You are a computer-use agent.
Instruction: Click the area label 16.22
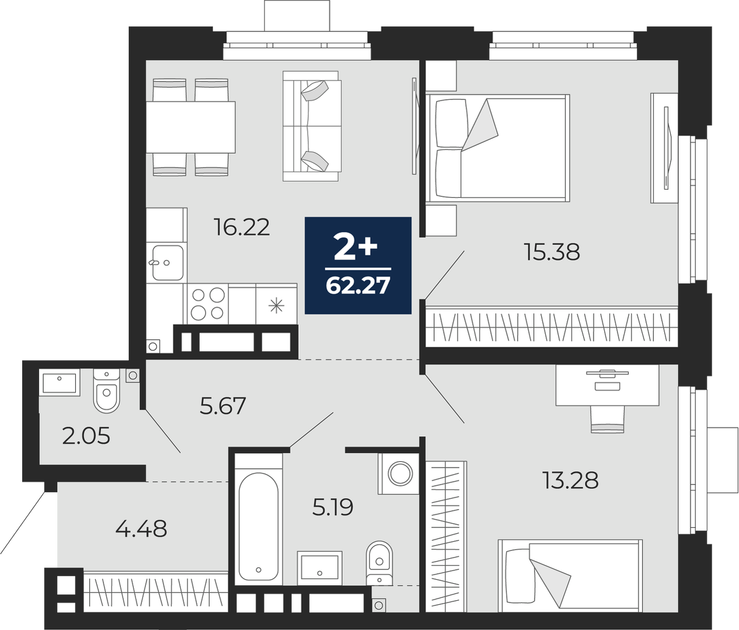pyautogui.click(x=242, y=227)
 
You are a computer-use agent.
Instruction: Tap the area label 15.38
pyautogui.click(x=552, y=252)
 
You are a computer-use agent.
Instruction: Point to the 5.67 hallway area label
pyautogui.click(x=223, y=406)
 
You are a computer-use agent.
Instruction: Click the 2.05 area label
pyautogui.click(x=86, y=437)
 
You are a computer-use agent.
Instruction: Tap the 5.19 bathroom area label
pyautogui.click(x=333, y=507)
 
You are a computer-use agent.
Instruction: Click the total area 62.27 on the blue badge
pyautogui.click(x=357, y=286)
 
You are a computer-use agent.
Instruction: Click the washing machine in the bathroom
pyautogui.click(x=399, y=474)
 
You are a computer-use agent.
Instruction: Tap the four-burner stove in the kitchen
pyautogui.click(x=208, y=304)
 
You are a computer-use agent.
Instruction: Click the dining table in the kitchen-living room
pyautogui.click(x=190, y=127)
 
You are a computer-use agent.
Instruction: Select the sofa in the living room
pyautogui.click(x=312, y=126)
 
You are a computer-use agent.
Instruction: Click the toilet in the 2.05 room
pyautogui.click(x=107, y=391)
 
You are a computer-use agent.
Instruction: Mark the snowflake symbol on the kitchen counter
pyautogui.click(x=276, y=307)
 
